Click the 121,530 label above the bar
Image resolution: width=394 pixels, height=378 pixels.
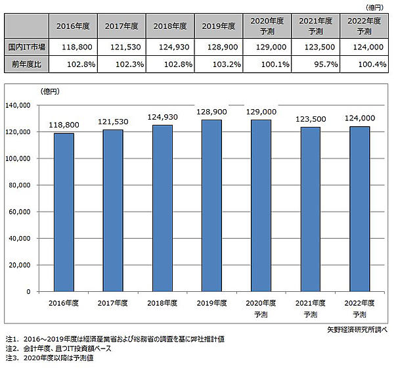113,122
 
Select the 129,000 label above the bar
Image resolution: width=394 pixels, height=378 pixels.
261,112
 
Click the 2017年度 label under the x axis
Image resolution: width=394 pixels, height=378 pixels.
113,302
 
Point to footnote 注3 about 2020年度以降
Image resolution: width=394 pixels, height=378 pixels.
53,359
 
